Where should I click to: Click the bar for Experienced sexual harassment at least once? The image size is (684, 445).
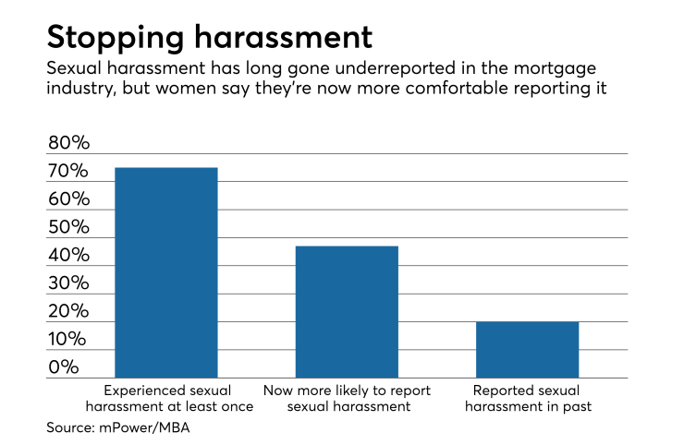[x=165, y=272]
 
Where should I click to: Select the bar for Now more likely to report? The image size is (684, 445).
[x=347, y=312]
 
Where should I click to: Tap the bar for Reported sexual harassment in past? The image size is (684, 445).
[x=527, y=350]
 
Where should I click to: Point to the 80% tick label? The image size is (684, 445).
[x=68, y=144]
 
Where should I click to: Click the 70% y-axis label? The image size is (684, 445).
[x=68, y=172]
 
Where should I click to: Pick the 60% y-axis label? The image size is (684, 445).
[x=68, y=199]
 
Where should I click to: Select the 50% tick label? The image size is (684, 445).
[x=68, y=228]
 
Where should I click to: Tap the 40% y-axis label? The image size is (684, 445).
[x=68, y=256]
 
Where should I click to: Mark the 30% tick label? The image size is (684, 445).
[x=68, y=283]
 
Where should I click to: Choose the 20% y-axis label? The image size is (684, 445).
[x=68, y=312]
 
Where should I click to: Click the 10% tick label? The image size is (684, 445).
[x=68, y=340]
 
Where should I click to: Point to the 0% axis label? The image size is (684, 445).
[x=64, y=367]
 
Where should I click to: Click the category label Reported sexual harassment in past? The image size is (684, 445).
[x=527, y=398]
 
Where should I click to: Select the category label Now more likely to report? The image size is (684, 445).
[x=347, y=398]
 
